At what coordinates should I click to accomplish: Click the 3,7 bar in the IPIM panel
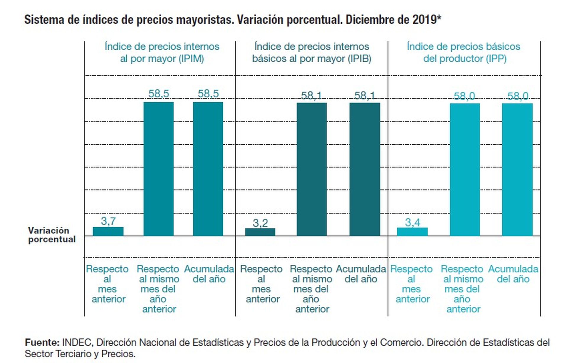tap(108, 231)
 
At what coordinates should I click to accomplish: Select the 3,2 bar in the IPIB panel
tap(260, 232)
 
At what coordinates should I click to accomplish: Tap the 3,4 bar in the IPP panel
tap(412, 232)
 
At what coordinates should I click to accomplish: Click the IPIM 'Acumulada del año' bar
tap(208, 169)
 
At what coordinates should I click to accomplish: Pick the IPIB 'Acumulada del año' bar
tap(365, 169)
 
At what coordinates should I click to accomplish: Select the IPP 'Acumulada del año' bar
tap(517, 170)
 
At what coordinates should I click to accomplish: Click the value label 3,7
tap(108, 221)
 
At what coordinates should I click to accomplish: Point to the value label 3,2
tap(260, 223)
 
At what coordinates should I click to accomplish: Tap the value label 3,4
tap(412, 222)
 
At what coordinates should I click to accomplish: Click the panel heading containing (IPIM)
tap(162, 53)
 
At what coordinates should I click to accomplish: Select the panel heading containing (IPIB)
tap(312, 53)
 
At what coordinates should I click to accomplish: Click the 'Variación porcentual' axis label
tap(52, 235)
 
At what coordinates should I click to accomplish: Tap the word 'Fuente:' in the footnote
tap(42, 342)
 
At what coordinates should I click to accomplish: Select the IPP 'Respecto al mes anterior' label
tap(412, 284)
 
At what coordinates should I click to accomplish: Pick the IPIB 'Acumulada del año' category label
tap(361, 274)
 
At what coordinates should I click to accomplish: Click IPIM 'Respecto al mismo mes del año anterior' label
tap(158, 289)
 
